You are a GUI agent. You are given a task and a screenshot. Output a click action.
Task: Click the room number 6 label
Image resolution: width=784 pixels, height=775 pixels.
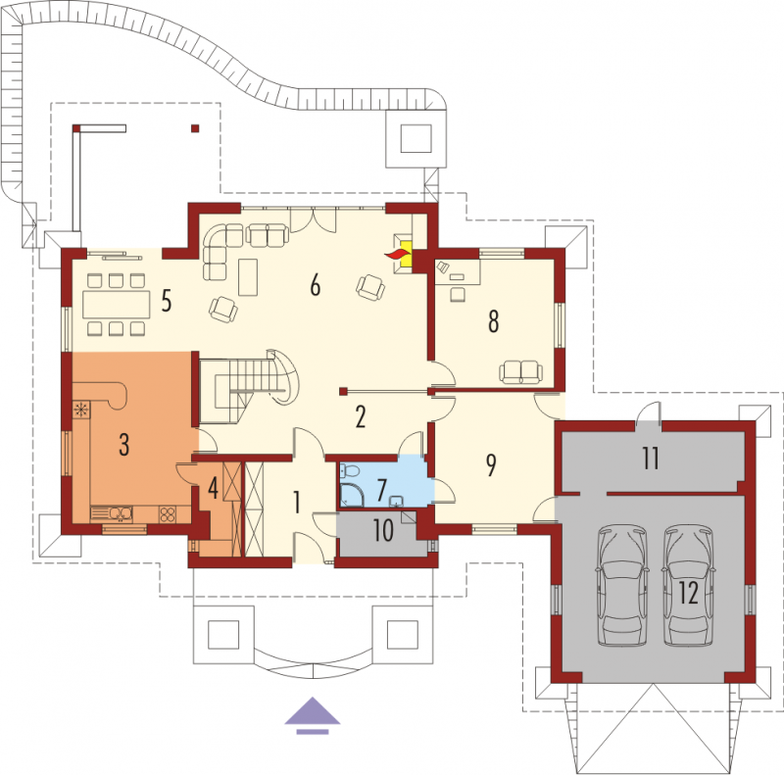(315, 285)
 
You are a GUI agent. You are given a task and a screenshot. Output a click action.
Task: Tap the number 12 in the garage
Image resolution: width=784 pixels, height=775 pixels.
(689, 593)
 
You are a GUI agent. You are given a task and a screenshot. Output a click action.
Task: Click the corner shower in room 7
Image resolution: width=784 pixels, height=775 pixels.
(352, 495)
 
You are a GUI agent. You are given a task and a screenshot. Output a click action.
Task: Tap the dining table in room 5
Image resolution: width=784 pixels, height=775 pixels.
(116, 305)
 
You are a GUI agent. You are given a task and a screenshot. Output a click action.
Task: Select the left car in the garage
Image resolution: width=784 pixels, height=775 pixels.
(622, 585)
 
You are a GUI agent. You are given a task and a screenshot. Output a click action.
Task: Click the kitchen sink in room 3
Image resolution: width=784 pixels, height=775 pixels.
(112, 513)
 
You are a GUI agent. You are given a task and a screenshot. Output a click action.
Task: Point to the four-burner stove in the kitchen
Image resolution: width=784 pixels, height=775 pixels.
(167, 514)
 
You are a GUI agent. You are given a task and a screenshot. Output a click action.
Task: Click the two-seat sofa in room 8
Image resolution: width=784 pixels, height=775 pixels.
(521, 372)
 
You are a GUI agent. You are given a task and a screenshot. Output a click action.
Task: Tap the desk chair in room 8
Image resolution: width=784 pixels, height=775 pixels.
(458, 295)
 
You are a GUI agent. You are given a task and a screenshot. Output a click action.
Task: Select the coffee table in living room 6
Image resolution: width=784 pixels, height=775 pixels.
(248, 277)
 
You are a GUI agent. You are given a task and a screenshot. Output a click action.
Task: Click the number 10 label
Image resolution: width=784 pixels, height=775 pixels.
(383, 530)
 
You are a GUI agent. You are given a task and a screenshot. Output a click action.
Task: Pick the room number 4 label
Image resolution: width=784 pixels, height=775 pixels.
(213, 489)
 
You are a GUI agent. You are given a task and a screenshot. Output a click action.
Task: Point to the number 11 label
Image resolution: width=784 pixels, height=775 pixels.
(651, 458)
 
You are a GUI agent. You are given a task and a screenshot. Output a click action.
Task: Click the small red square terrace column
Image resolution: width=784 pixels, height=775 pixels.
(195, 128)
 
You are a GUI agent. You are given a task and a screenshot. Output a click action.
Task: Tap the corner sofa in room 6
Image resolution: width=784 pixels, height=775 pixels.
(220, 249)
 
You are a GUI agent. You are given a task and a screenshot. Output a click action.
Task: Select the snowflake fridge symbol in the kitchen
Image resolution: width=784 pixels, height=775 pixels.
(81, 410)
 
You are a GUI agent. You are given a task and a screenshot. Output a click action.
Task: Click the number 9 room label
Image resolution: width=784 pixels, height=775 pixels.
(491, 464)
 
